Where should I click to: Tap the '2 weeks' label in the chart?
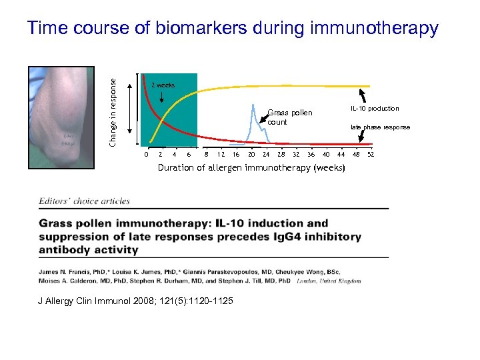163,85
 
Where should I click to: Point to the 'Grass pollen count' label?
289,117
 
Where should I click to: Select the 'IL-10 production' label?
375,109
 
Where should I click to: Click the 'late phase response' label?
380,127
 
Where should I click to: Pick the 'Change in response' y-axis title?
113,113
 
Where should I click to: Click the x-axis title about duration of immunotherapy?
251,168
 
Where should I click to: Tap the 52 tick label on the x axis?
371,155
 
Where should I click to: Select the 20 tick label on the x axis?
251,155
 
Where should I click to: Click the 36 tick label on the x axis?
311,155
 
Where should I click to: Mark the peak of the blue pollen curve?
254,106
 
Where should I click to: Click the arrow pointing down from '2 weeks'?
163,97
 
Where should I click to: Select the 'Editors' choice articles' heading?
85,201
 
